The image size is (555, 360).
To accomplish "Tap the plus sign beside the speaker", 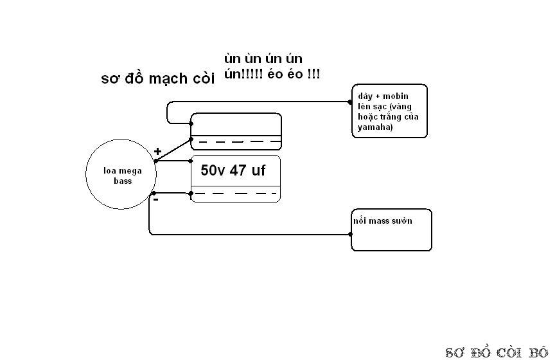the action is click(157, 152).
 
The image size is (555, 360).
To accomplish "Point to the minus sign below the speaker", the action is click(155, 199).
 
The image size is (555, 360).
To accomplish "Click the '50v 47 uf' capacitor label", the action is click(233, 170).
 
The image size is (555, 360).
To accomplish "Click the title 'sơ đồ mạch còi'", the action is click(158, 78).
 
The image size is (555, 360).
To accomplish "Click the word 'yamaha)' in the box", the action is click(375, 127).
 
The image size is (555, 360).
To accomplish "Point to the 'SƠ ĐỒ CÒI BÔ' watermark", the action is click(497, 352).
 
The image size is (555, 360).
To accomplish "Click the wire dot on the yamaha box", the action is click(350, 102).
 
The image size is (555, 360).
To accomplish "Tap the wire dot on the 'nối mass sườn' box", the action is click(351, 234).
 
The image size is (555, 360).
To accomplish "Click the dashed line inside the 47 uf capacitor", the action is click(235, 194).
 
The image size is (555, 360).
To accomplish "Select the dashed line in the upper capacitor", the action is click(239, 141).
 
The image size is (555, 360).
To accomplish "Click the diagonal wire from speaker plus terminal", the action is click(173, 150).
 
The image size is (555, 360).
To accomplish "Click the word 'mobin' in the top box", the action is click(396, 96).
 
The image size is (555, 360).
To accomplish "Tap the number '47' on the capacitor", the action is click(238, 170).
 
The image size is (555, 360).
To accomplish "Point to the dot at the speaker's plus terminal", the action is click(155, 161).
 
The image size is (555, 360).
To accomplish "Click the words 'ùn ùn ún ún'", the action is click(263, 59).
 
